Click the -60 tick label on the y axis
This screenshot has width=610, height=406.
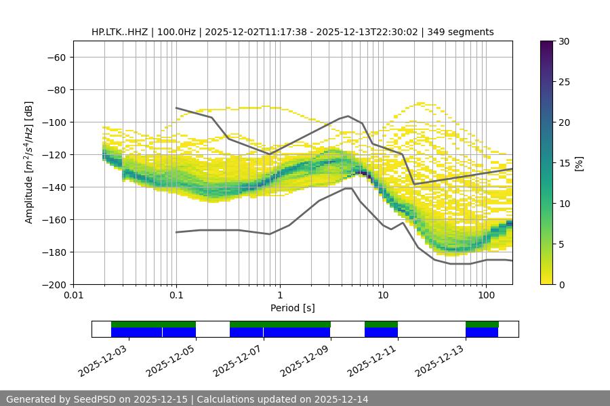[56, 57]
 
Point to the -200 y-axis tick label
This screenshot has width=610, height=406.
[53, 284]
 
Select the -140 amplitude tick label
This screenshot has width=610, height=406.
[53, 187]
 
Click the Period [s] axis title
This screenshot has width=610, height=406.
[293, 308]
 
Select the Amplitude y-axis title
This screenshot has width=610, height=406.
[29, 162]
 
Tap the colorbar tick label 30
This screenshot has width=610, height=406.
[563, 41]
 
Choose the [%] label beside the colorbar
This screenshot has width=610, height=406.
[579, 163]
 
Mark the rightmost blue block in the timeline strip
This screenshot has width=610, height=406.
[482, 332]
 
